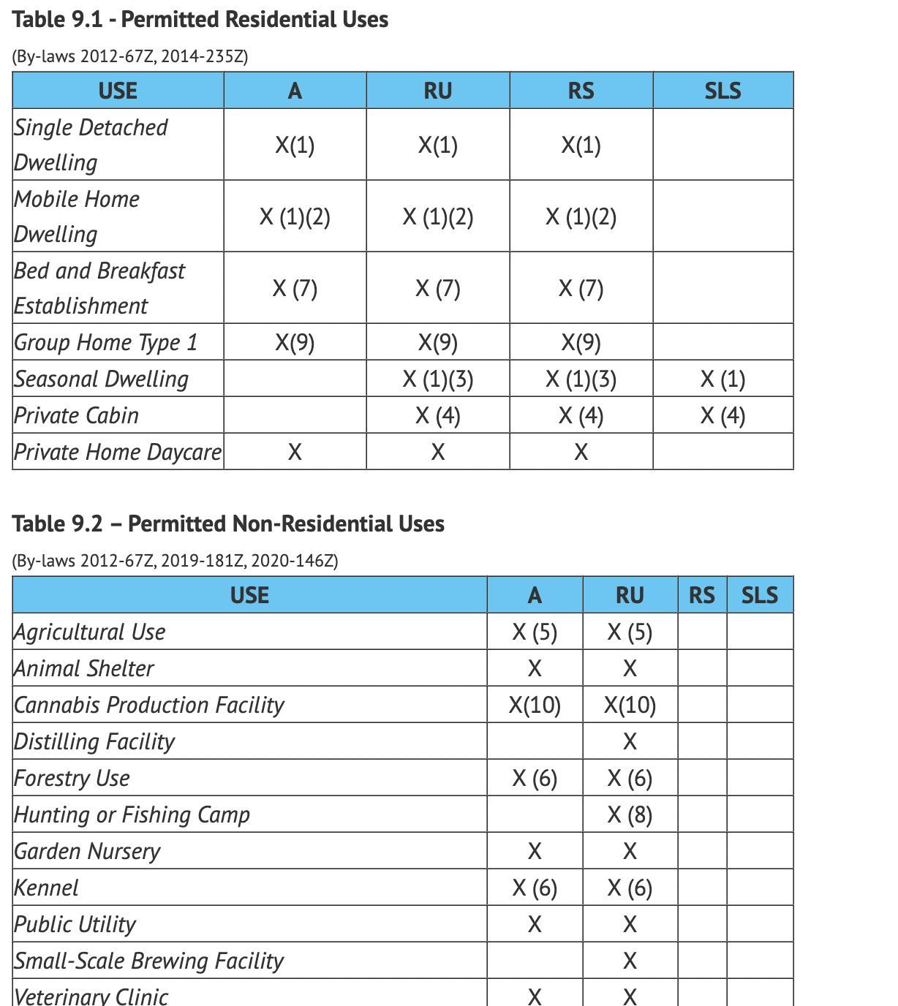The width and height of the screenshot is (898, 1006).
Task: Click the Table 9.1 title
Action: point(200,20)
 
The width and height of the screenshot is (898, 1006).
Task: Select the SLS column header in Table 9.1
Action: point(722,91)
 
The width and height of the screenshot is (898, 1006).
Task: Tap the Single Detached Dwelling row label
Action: point(91,144)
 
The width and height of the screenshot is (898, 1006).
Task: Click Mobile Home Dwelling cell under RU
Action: point(437,216)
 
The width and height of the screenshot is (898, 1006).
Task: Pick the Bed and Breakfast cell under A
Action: point(295,288)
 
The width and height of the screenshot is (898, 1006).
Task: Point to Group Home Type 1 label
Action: point(106,342)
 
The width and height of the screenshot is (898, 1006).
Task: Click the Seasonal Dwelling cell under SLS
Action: point(722,379)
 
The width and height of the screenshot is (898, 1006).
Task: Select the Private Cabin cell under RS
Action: point(581,415)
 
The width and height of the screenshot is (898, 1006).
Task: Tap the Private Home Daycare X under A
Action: point(295,452)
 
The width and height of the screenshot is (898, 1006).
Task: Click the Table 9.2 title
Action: point(228,523)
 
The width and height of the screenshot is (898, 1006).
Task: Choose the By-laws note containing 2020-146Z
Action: point(175,561)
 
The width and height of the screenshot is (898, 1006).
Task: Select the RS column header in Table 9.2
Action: point(702,595)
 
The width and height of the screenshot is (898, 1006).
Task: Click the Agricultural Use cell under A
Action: point(535,632)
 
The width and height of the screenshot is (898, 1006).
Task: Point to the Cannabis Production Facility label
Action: point(149,705)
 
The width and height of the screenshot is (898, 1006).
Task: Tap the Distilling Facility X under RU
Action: point(630,741)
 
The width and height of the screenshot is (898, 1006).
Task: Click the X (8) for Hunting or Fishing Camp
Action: point(630,814)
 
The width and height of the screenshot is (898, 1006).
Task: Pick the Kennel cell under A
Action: point(535,888)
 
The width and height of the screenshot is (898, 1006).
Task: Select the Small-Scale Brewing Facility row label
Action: point(149,961)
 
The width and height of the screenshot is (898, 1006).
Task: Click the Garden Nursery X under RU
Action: point(630,851)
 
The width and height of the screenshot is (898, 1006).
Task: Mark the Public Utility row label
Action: point(75,924)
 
